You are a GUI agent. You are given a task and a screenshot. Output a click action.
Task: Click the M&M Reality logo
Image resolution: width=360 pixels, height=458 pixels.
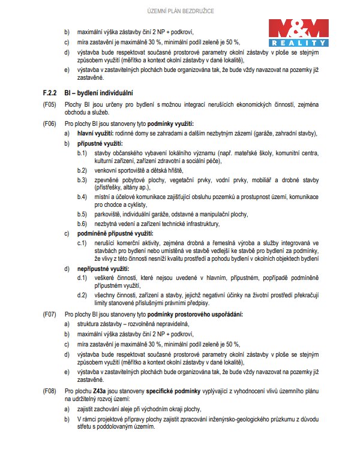point(298,33)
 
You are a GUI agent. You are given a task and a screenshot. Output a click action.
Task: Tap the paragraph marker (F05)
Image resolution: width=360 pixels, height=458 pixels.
point(50,104)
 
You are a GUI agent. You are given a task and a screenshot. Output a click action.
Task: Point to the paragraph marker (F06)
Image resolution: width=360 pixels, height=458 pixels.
point(50,123)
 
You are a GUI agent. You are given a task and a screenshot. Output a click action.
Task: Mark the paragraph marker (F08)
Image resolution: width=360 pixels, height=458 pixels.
point(50,391)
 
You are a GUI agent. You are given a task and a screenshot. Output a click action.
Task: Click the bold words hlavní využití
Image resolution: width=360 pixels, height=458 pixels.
point(96,134)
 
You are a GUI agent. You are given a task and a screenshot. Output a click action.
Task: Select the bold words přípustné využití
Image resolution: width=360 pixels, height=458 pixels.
point(100,144)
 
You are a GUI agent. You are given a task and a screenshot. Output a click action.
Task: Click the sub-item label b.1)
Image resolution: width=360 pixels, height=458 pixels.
point(82,154)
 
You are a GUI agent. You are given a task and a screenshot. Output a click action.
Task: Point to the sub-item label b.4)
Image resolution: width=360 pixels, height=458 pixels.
point(82,197)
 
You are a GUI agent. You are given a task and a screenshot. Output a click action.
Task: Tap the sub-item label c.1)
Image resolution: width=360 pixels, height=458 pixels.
point(82,242)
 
